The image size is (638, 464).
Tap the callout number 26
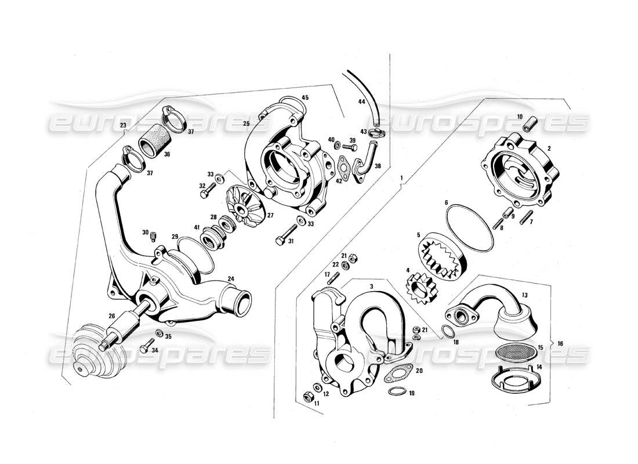click(112, 316)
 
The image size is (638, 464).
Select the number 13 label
click(524, 295)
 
